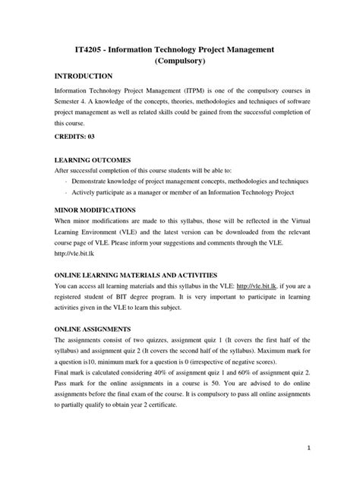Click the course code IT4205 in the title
click(x=82, y=49)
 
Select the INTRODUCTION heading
click(x=83, y=77)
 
